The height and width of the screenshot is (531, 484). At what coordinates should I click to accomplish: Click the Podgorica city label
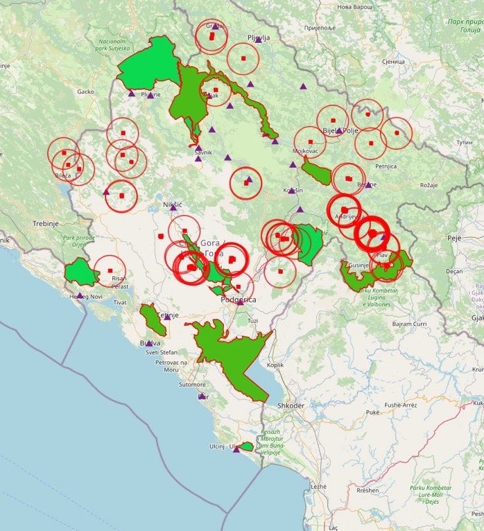point(238,299)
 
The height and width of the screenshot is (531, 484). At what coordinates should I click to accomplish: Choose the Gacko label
point(85,92)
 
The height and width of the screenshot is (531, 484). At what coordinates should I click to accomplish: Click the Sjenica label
point(392,62)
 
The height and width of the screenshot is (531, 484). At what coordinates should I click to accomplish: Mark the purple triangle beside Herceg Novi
point(80,295)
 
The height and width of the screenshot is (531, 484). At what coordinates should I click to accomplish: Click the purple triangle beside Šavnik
point(198,159)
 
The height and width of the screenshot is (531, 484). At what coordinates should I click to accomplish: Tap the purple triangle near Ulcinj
point(236,449)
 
